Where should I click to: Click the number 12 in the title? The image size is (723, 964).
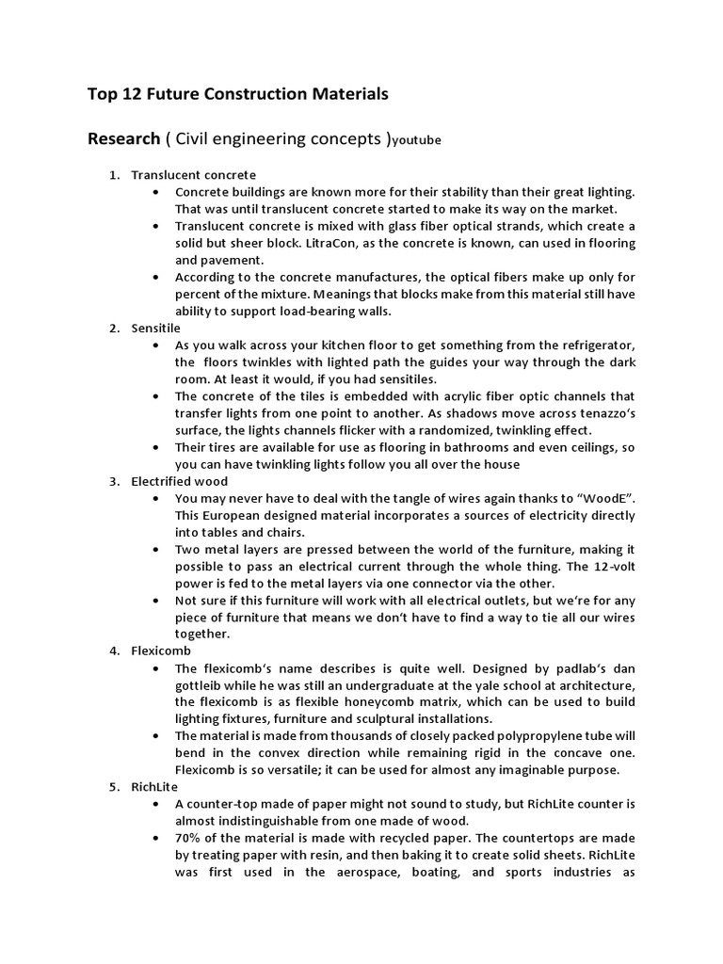point(137,94)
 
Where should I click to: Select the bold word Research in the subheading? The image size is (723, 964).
point(123,139)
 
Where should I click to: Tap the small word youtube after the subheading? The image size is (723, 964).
point(417,142)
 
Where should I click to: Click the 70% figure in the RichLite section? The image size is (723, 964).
point(189,838)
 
